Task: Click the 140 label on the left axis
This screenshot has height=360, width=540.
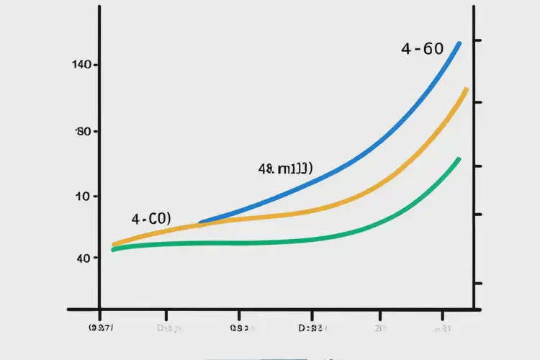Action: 81,65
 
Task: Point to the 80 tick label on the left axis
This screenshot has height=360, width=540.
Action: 81,132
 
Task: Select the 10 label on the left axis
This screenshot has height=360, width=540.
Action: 81,196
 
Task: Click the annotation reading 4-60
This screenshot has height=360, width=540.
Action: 422,50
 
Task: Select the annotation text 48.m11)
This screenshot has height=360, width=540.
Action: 284,169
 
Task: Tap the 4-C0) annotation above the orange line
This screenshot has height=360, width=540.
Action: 150,219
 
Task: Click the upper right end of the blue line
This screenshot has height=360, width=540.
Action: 459,44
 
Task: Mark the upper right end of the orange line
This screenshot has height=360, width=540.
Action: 467,89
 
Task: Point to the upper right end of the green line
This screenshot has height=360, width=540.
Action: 459,159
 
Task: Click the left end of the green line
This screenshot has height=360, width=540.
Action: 113,250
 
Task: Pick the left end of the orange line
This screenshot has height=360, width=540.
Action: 114,245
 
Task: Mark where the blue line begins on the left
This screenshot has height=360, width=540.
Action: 200,222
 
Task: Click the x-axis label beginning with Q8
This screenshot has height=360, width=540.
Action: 239,328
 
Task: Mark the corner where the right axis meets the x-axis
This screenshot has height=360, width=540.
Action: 472,310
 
